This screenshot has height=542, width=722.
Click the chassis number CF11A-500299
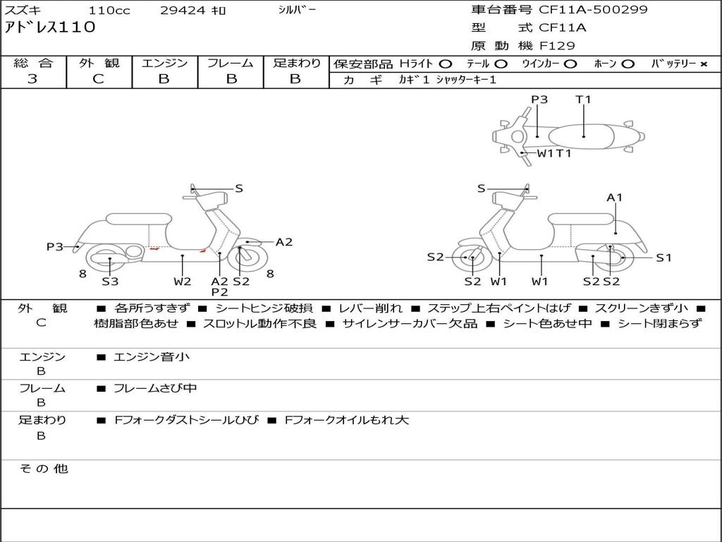pyautogui.click(x=593, y=10)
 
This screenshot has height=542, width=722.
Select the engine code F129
pyautogui.click(x=557, y=46)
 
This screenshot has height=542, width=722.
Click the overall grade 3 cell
pyautogui.click(x=32, y=79)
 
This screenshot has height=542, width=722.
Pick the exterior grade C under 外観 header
pyautogui.click(x=98, y=79)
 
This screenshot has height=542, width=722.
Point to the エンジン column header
pyautogui.click(x=164, y=63)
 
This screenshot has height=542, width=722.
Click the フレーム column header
pyautogui.click(x=231, y=63)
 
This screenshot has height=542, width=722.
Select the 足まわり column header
pyautogui.click(x=297, y=63)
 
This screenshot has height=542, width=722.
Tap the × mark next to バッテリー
pyautogui.click(x=704, y=64)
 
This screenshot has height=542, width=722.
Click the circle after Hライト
pyautogui.click(x=446, y=64)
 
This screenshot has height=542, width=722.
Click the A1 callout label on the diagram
pyautogui.click(x=615, y=198)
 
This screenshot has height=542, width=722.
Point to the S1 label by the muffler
pyautogui.click(x=663, y=258)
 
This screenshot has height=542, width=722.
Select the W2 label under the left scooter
pyautogui.click(x=183, y=282)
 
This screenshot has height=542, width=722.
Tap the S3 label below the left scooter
pyautogui.click(x=110, y=282)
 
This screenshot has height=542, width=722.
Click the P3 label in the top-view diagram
pyautogui.click(x=539, y=100)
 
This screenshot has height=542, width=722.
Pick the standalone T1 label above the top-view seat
pyautogui.click(x=583, y=100)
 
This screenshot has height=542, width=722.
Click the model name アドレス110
pyautogui.click(x=50, y=28)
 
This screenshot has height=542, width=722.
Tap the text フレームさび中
pyautogui.click(x=155, y=388)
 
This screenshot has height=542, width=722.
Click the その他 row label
pyautogui.click(x=44, y=469)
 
